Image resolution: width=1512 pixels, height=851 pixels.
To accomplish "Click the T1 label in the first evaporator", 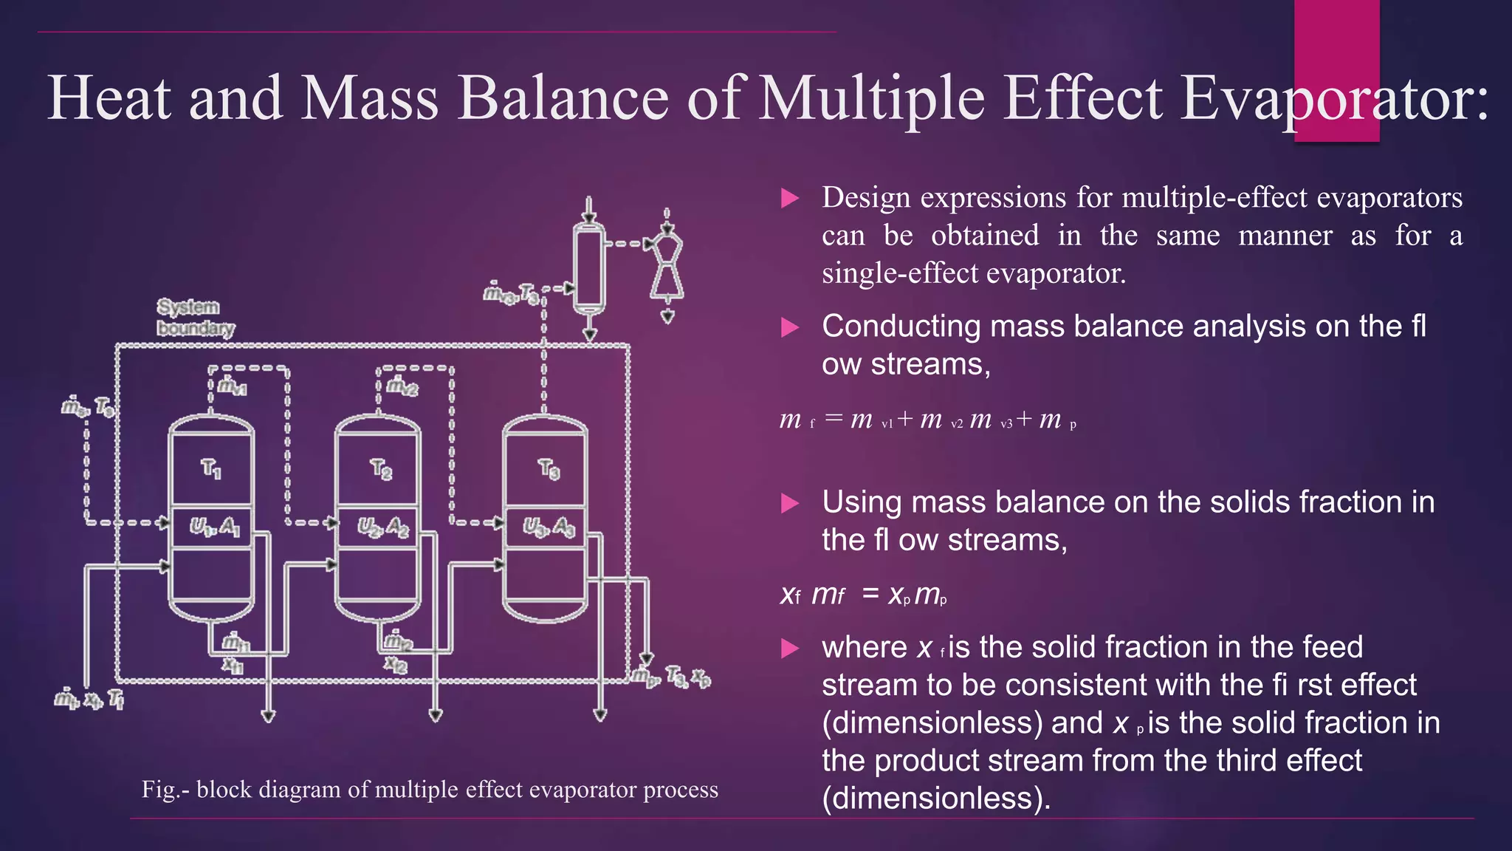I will tap(211, 469).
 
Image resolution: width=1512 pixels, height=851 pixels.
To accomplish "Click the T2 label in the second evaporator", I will tap(380, 469).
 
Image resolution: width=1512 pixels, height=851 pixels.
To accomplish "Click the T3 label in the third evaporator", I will tap(549, 469).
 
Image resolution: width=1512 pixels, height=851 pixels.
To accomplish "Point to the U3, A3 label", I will tap(549, 527).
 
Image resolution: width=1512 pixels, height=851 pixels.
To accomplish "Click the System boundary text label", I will tap(195, 318).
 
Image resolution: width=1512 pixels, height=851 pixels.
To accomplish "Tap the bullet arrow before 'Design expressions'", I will tap(790, 198).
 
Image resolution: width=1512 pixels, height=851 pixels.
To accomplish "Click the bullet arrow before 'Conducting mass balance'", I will tap(790, 327).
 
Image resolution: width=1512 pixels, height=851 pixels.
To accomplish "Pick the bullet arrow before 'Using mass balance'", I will tap(790, 503).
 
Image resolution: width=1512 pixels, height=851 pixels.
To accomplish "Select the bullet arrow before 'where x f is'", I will tap(790, 648).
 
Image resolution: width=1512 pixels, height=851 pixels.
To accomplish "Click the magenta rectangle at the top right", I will tap(1336, 44).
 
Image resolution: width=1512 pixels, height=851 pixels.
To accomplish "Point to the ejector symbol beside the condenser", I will tap(667, 266).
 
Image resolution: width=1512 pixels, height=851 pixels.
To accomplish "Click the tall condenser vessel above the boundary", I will tap(588, 266).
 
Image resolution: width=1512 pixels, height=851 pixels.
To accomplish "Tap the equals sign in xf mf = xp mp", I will tap(870, 593).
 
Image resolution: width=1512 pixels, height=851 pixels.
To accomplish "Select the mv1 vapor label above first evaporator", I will tap(232, 386).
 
